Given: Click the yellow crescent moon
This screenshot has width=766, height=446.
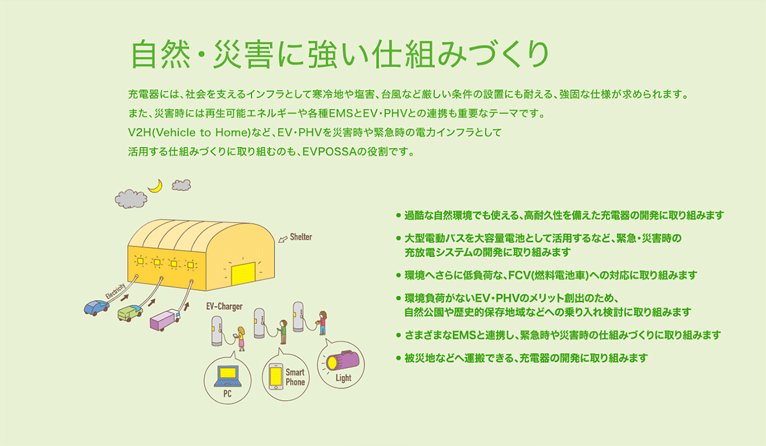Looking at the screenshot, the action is [156, 187].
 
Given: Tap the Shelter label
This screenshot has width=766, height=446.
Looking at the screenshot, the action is [301, 237].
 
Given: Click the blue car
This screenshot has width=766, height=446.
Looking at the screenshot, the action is [97, 308].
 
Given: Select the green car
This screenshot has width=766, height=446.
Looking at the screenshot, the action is [130, 313].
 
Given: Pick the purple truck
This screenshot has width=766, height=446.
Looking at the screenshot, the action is [165, 320].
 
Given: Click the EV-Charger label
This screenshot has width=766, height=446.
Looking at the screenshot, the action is [224, 306].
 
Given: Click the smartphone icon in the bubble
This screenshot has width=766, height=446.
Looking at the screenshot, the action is [276, 376].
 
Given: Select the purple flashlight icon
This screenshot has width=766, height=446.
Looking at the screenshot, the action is [342, 361].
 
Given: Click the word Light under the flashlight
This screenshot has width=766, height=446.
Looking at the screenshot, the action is [343, 378].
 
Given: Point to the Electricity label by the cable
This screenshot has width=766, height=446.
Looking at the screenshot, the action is [116, 291].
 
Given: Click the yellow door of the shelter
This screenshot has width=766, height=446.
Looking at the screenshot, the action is [243, 274].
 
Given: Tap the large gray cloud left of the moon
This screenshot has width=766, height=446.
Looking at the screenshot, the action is [131, 199].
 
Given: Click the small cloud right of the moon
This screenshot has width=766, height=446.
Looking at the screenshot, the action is [181, 185].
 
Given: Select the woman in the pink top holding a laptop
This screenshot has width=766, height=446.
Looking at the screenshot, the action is [241, 339].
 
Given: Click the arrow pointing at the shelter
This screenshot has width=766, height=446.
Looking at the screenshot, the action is [283, 239].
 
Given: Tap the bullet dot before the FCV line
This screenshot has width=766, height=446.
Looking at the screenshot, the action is [398, 276].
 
